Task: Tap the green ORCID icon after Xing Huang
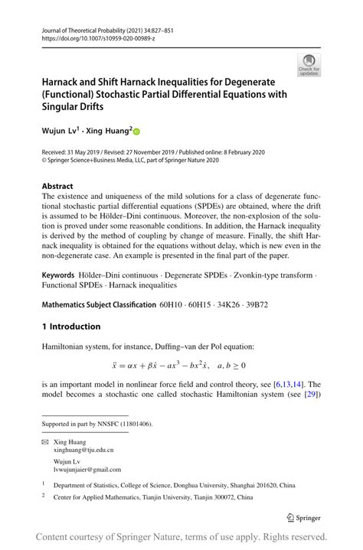[x=137, y=132]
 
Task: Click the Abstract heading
[x=57, y=186]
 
